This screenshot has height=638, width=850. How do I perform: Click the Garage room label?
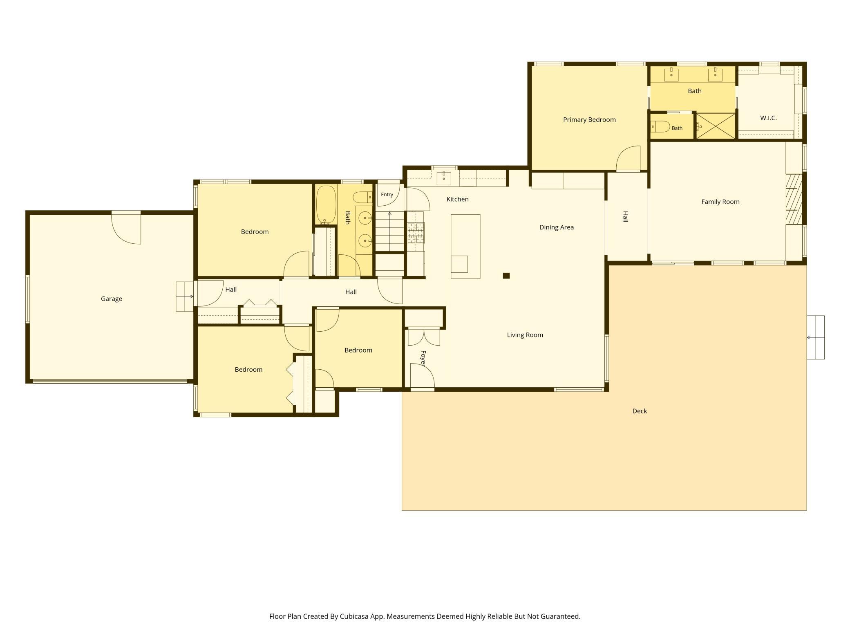tap(112, 299)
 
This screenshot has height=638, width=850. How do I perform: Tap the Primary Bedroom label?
tap(589, 119)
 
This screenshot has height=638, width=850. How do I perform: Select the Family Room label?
tap(720, 202)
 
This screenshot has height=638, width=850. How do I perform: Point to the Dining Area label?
tap(557, 227)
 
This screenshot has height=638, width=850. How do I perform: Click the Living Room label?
tap(525, 335)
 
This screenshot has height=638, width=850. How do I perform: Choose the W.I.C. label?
tap(768, 118)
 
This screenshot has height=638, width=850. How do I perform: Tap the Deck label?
tap(640, 411)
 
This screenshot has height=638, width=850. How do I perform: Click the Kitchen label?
tap(457, 199)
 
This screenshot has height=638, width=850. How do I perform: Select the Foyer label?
tap(423, 358)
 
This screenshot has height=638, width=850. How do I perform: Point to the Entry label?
tap(387, 194)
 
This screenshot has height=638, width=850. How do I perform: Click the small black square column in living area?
tap(506, 276)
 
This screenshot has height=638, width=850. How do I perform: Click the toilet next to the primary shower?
tap(660, 127)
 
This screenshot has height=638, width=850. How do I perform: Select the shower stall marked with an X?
tap(716, 126)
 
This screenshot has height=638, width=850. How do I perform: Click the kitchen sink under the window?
tap(444, 178)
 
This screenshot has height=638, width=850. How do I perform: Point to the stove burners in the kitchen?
tap(416, 232)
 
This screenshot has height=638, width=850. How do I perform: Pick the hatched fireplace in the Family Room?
tap(794, 199)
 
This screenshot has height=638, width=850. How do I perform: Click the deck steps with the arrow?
tap(816, 337)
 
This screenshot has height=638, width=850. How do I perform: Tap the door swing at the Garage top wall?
tap(126, 229)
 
